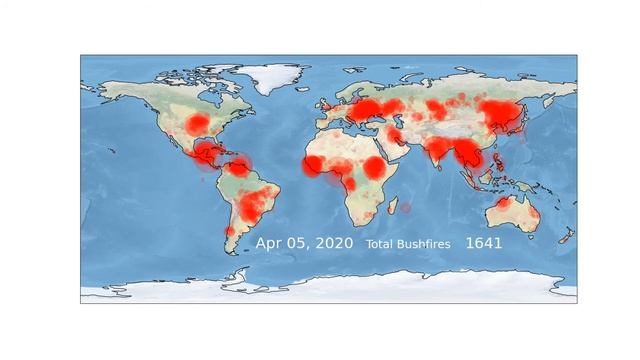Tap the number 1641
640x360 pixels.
pos(483,243)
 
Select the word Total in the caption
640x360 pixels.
pos(382,244)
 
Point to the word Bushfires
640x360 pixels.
pos(427,244)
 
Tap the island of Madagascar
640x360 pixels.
pos(407,207)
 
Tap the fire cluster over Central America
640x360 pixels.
pos(207,154)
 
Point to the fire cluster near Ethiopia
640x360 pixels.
pos(374,167)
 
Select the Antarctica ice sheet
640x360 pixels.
pos(330,291)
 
